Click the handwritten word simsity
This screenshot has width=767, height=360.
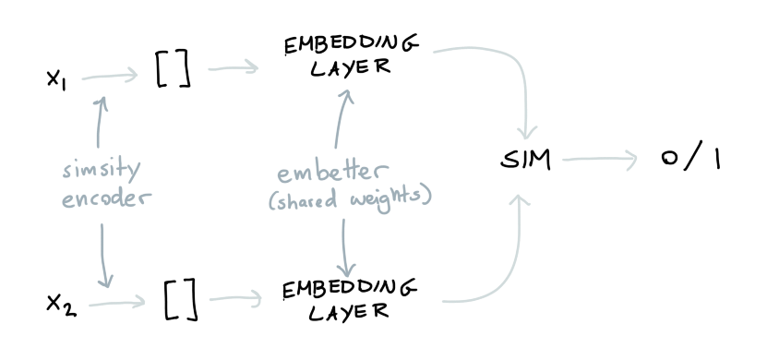[102, 171]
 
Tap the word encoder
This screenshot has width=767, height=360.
[106, 199]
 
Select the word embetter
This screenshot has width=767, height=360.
[332, 174]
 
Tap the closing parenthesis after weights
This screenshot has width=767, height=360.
[427, 198]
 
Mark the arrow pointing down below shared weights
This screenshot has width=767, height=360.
[345, 247]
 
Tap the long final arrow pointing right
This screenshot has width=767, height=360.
[599, 160]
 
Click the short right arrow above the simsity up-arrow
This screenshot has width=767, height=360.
[110, 76]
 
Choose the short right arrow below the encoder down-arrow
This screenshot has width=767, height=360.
[117, 302]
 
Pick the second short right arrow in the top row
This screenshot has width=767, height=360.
[234, 66]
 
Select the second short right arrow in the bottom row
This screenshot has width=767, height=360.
[236, 298]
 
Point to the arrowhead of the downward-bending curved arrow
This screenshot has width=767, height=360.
[527, 135]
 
